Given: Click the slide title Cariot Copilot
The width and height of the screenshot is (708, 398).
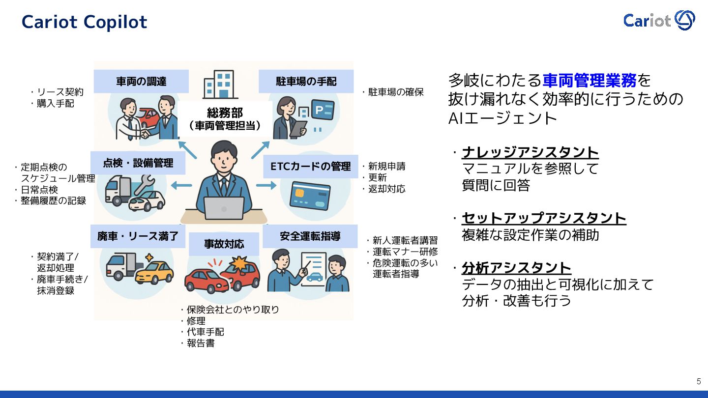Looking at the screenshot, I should click(x=84, y=22).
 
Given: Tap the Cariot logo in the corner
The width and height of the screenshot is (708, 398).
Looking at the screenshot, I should click(x=659, y=20).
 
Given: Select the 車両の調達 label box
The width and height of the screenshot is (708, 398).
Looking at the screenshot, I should click(x=141, y=82).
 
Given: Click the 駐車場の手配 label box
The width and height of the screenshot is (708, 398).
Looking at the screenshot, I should click(x=306, y=82).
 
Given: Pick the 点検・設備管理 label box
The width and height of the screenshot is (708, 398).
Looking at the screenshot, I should click(x=138, y=163).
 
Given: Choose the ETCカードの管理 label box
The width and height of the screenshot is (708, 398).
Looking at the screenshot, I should click(x=311, y=167).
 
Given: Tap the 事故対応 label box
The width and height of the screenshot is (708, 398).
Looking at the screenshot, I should click(x=224, y=244).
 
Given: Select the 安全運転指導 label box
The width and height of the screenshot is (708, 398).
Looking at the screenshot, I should click(x=310, y=236).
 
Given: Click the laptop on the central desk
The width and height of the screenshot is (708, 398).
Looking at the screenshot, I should click(x=224, y=208).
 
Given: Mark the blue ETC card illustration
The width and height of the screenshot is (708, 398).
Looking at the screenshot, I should click(x=310, y=195).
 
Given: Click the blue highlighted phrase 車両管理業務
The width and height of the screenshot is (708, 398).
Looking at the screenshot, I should click(x=590, y=80).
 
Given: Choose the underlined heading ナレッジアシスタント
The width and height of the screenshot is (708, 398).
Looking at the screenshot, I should click(x=530, y=152).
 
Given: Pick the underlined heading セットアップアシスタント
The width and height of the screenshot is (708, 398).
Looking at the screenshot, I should click(x=544, y=218).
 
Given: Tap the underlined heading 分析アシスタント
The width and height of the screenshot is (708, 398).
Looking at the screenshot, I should click(x=516, y=268).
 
